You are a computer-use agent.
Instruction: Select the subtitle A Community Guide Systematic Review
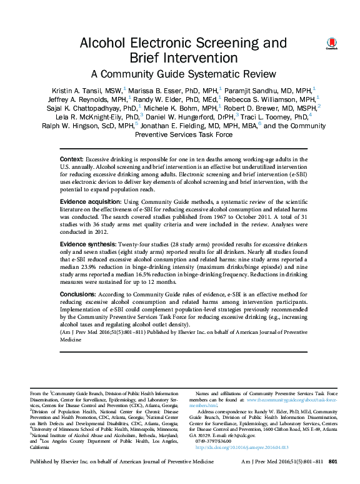[x=180, y=74]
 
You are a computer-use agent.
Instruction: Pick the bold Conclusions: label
[x=79, y=293]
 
